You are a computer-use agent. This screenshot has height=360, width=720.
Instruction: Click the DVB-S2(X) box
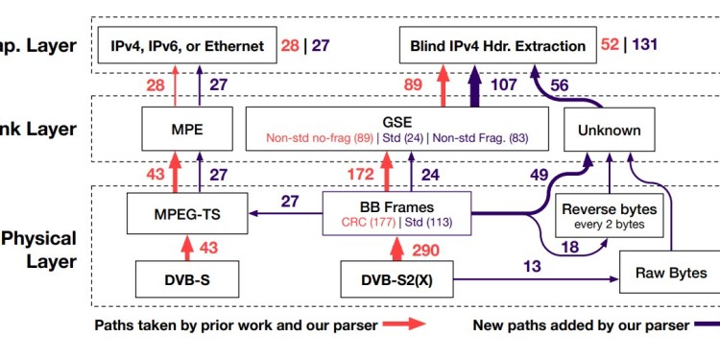point(396,280)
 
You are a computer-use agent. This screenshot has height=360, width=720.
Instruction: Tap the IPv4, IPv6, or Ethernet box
point(187,45)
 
